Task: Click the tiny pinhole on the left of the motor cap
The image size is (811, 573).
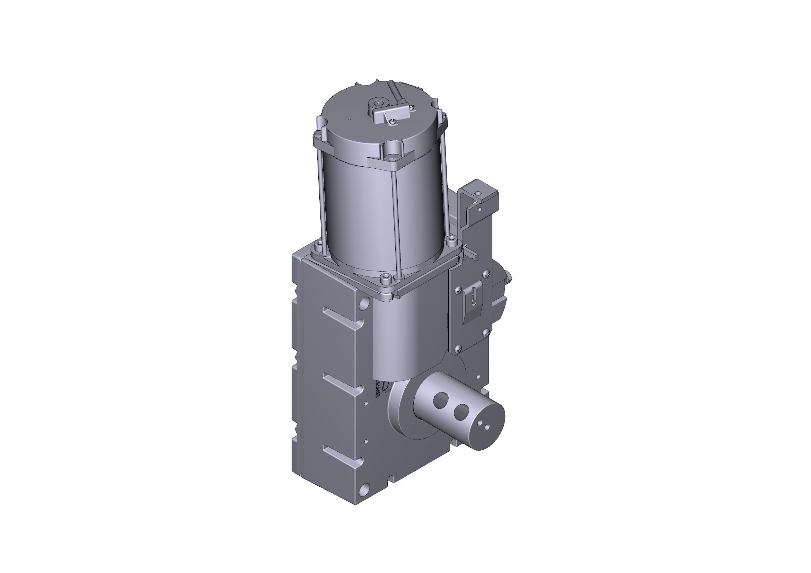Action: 350,119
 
